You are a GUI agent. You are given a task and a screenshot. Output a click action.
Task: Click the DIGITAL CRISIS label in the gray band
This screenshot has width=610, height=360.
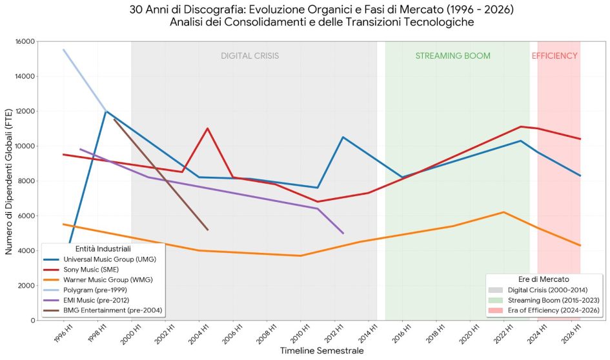[x=250, y=56]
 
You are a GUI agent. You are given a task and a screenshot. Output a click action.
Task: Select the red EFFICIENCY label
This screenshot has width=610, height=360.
[x=554, y=56]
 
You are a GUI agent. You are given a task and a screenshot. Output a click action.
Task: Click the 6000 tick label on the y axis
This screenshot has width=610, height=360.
[x=26, y=215]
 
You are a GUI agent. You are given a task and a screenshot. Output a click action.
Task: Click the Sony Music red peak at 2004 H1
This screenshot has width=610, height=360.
[x=207, y=128]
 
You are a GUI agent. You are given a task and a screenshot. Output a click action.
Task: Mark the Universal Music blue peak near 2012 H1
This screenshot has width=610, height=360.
[x=343, y=137]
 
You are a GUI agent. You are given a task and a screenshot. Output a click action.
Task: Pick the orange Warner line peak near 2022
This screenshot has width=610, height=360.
[x=503, y=212]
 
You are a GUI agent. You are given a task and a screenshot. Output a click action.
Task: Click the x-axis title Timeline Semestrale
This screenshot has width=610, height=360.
[x=312, y=350]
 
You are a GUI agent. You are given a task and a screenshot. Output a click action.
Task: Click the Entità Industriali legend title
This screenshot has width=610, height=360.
[x=103, y=248]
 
